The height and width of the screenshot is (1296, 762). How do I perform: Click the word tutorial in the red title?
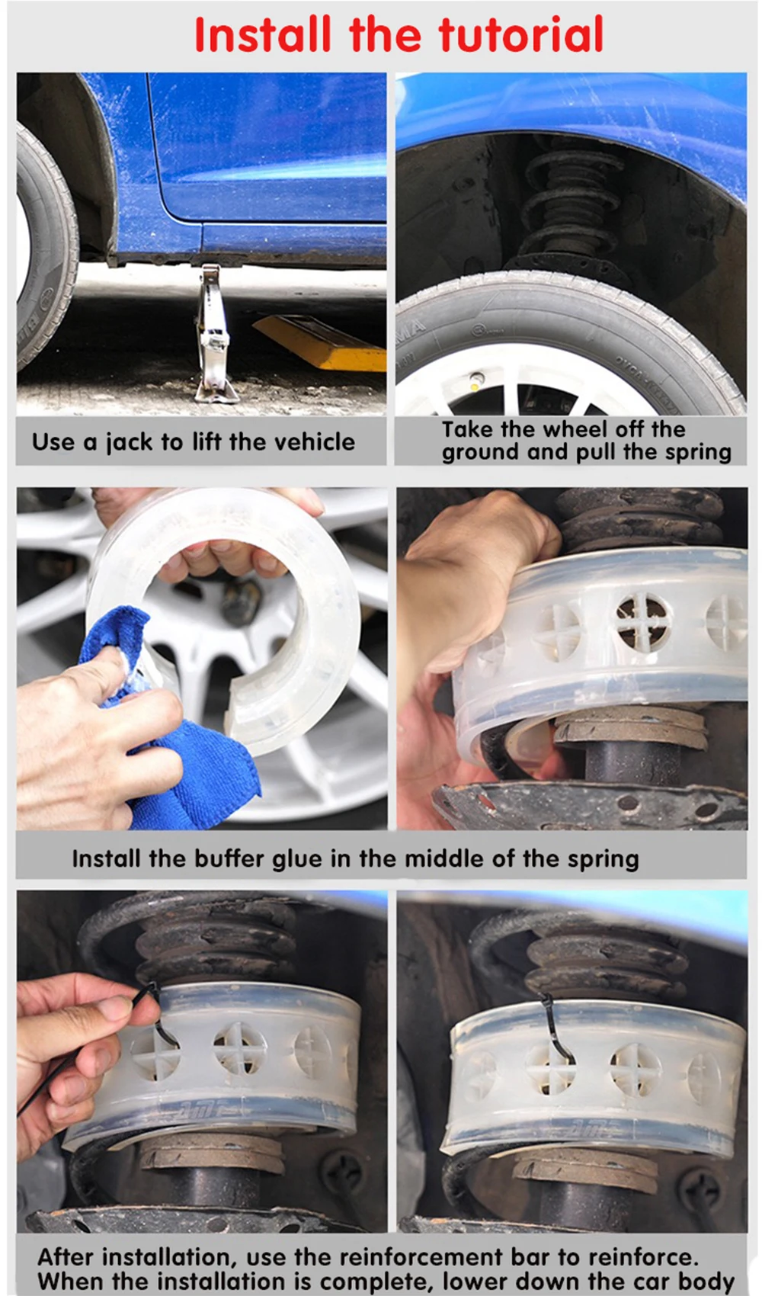[x=520, y=35]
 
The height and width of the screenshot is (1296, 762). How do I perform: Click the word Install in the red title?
[x=263, y=35]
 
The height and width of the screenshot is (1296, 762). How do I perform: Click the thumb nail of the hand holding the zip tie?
[x=114, y=1009]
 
